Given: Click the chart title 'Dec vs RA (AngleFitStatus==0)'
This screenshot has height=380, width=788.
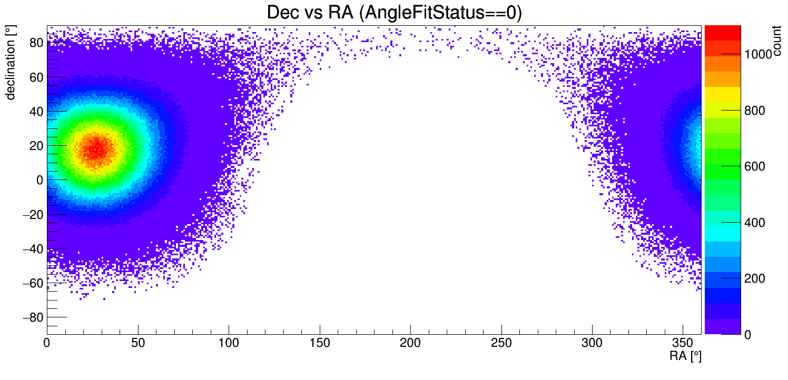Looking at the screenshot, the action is [x=395, y=12].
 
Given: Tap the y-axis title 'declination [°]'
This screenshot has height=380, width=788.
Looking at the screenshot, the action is [x=10, y=63].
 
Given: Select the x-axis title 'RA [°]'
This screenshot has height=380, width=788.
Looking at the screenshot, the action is [x=685, y=356].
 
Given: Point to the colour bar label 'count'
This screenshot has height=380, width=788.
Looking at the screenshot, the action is [x=776, y=41].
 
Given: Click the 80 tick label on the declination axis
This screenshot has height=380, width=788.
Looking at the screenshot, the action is [x=36, y=43].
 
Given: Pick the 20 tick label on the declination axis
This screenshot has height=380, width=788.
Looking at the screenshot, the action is [x=36, y=146].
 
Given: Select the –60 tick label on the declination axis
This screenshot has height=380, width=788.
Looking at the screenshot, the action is [x=33, y=283].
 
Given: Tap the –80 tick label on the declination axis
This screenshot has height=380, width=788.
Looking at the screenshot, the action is [x=33, y=317].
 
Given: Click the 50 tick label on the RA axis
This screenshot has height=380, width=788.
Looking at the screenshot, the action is [x=138, y=343].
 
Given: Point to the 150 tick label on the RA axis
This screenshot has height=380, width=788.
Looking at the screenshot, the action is [x=320, y=343].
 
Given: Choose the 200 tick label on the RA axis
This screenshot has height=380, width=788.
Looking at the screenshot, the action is [x=410, y=343].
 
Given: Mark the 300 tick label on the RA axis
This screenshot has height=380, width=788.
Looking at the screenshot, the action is [x=592, y=343].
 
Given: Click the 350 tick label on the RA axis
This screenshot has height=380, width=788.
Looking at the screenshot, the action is [x=683, y=343].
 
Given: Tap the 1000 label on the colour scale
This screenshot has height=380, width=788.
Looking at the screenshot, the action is [x=758, y=54].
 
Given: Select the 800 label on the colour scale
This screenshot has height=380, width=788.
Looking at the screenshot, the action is [x=755, y=111].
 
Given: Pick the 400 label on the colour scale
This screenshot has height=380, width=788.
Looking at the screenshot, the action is [x=755, y=223].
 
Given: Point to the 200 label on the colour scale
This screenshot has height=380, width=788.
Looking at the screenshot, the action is [x=755, y=278].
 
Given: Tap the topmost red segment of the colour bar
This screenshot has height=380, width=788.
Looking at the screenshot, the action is [x=723, y=33].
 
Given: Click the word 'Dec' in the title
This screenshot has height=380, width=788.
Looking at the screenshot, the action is [x=283, y=12].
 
